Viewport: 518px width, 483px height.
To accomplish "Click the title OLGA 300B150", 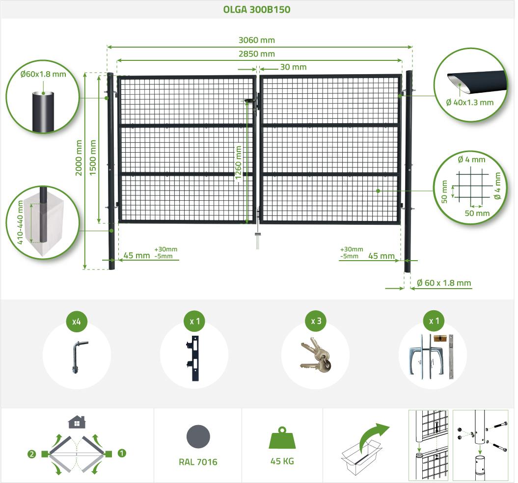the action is (x=257, y=9).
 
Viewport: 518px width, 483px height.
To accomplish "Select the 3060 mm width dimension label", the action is (x=257, y=40).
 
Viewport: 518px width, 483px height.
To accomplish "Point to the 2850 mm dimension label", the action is (x=257, y=54).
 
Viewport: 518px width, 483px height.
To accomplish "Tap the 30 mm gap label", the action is (x=293, y=67).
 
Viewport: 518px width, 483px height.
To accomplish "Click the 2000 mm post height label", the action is (x=79, y=158).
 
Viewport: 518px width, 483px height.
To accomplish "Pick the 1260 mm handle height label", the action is (x=238, y=162).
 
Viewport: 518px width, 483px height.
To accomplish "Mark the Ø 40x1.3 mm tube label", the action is (x=470, y=103).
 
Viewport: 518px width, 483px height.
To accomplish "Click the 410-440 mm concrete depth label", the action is (x=20, y=223).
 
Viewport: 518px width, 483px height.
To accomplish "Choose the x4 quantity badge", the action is (x=77, y=321).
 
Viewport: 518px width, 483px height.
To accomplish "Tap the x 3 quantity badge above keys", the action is (x=316, y=321).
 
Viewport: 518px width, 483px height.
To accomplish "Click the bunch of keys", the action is (x=316, y=355).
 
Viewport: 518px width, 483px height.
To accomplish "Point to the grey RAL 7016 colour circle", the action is (x=198, y=436).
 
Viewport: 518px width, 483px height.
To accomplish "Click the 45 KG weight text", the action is (x=282, y=461).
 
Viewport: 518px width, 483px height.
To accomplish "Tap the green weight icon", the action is (x=282, y=438).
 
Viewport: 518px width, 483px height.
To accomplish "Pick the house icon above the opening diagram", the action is (x=77, y=422).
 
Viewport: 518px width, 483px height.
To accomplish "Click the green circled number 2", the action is (x=32, y=454).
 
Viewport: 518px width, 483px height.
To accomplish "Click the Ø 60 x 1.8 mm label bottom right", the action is (x=444, y=283).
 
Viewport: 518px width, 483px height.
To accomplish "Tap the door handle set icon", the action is (x=433, y=356).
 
